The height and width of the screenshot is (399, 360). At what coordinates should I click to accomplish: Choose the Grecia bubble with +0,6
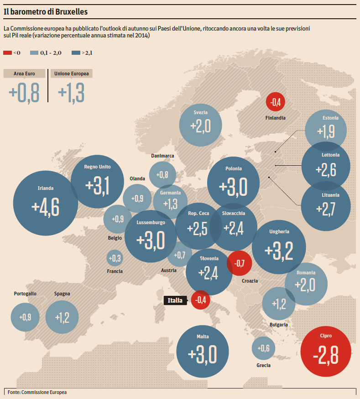click(263, 348)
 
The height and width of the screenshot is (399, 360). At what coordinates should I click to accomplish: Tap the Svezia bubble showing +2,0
click(201, 124)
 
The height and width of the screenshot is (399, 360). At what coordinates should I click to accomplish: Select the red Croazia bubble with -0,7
click(240, 263)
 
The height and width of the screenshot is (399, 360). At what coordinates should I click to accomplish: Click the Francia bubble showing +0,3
click(115, 258)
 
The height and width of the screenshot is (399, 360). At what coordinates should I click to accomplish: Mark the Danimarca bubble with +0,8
click(162, 175)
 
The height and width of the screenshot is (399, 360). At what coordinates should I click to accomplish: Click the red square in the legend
click(7, 53)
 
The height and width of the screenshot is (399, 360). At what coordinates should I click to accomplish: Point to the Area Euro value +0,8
click(24, 93)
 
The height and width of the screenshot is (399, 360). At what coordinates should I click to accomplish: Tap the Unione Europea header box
click(72, 73)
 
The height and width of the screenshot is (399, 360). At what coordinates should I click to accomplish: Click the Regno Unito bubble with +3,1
click(98, 183)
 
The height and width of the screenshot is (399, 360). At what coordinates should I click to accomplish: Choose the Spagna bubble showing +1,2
click(62, 317)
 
